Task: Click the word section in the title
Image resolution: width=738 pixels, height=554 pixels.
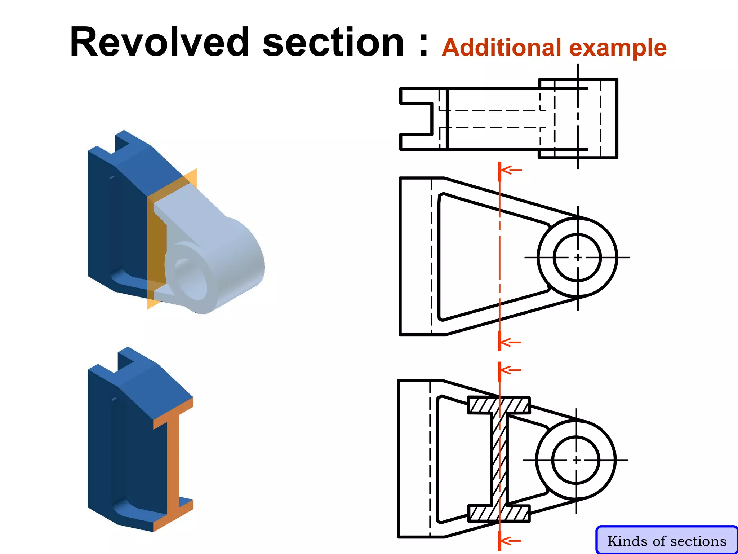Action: pyautogui.click(x=333, y=43)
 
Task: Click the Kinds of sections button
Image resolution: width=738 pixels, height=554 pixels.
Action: pyautogui.click(x=667, y=541)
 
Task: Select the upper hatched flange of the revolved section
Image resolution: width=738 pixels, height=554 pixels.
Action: pyautogui.click(x=499, y=405)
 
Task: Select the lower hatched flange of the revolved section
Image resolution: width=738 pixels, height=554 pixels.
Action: pyautogui.click(x=499, y=514)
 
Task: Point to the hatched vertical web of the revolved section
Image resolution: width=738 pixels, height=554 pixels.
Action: pyautogui.click(x=499, y=460)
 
